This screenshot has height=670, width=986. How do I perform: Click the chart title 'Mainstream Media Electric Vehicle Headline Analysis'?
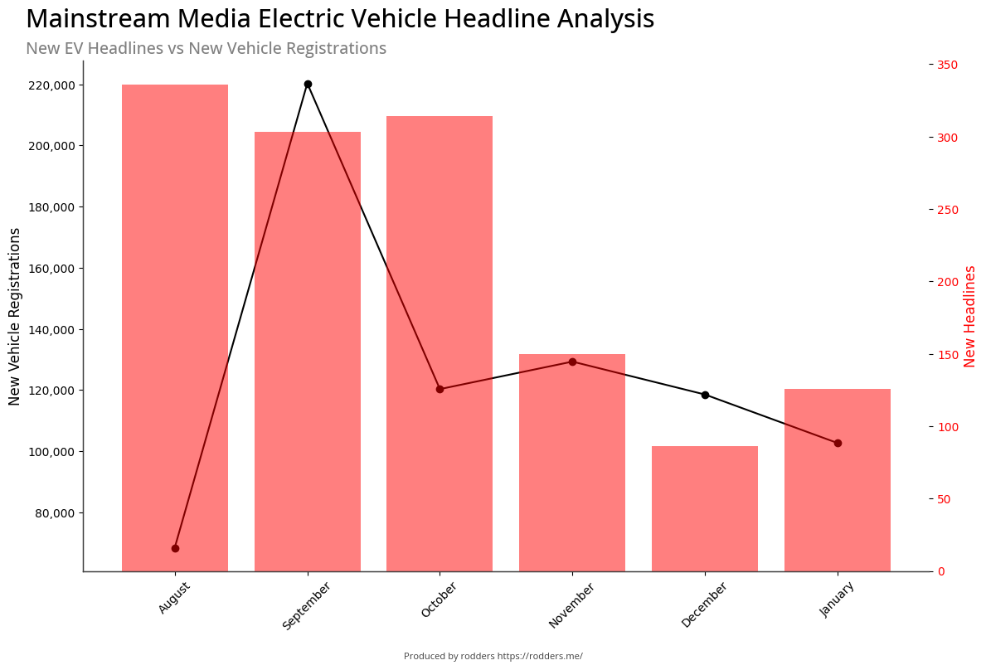point(340,19)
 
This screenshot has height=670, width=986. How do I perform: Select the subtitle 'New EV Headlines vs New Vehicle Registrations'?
point(206,48)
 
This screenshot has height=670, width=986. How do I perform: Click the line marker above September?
point(308,84)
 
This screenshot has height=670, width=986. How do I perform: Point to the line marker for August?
point(175,548)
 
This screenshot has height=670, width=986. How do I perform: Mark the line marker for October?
point(440,389)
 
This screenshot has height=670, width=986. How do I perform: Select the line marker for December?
point(705,395)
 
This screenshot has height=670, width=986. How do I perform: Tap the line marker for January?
point(838,443)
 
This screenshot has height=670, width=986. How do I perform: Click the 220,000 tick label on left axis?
point(51,85)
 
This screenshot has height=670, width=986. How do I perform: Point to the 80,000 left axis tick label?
point(54,513)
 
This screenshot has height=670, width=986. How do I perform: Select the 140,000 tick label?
point(51,330)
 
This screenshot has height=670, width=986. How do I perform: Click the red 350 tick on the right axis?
point(948,65)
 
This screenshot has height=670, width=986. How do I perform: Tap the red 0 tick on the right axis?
point(942,572)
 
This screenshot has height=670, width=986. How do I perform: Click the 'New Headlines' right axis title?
point(970,316)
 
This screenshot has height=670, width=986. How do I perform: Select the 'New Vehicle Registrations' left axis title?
point(15,316)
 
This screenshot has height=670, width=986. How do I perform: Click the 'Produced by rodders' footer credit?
point(493,656)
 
